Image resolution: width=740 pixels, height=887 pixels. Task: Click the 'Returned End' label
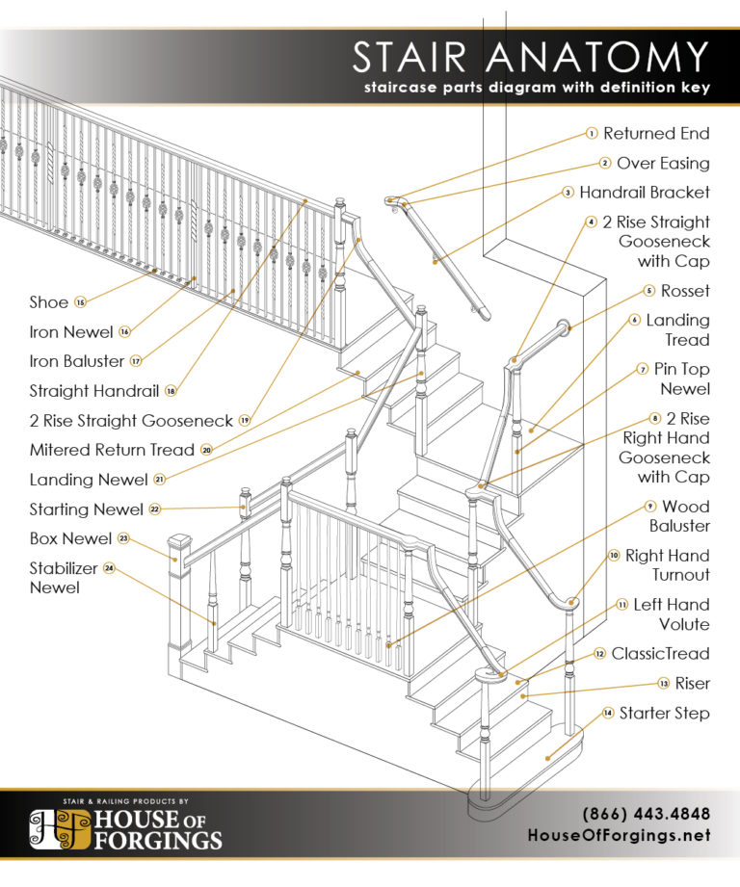656,134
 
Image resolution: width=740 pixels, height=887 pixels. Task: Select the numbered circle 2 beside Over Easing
605,164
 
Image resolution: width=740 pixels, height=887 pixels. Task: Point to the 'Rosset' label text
685,291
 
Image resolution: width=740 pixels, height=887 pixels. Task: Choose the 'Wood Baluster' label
685,516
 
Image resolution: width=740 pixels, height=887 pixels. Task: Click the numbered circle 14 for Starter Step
607,714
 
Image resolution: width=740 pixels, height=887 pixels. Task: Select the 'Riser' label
693,684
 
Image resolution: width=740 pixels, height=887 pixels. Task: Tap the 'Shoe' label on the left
48,302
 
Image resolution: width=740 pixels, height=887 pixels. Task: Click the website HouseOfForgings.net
619,835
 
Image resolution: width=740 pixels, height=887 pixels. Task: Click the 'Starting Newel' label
87,509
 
